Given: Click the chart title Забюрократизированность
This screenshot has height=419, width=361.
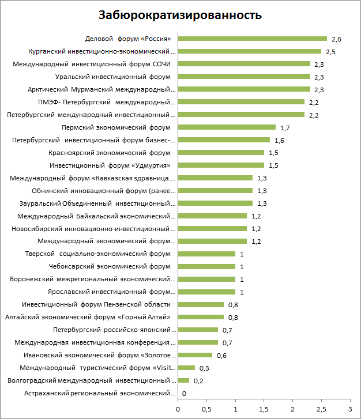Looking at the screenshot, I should click(180, 15).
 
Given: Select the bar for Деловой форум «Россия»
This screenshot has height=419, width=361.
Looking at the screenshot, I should click(252, 39).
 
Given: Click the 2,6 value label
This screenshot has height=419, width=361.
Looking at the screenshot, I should click(337, 39).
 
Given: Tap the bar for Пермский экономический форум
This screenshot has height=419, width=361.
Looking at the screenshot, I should click(227, 127).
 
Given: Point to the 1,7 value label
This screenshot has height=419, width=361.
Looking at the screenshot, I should click(285, 127).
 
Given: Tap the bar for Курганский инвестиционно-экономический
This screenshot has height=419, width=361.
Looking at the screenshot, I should click(249, 51).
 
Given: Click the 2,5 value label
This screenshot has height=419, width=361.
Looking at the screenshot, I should click(331, 52).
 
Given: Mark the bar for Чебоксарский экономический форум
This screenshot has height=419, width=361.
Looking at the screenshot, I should click(206, 266).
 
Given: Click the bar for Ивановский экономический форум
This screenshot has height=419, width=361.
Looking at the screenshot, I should click(195, 355).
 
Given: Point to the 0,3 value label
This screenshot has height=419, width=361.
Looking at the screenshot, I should click(204, 368).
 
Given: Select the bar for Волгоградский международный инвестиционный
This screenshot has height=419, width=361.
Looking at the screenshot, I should click(183, 380).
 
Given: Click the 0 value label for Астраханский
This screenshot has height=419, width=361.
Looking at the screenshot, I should click(184, 394).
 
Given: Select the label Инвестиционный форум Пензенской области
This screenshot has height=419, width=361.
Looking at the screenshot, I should click(96, 304).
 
